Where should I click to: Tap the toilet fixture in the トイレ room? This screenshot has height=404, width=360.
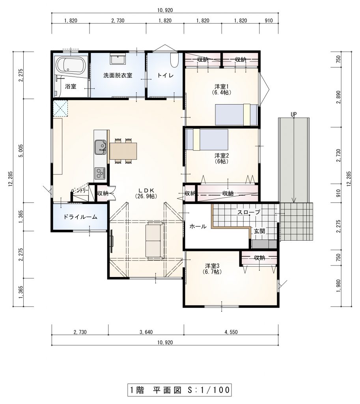[174, 60]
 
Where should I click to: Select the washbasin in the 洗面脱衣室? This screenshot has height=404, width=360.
[118, 59]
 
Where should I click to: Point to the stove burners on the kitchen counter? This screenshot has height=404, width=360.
[100, 173]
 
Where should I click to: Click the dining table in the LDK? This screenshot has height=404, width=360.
[123, 151]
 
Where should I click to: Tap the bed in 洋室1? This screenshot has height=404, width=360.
[237, 115]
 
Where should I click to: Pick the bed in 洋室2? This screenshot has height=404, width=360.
[207, 139]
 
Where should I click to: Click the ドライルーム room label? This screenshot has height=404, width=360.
[80, 217]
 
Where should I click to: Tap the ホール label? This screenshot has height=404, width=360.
[198, 226]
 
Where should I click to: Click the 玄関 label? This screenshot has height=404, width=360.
[259, 231]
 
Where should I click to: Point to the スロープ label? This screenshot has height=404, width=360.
[248, 212]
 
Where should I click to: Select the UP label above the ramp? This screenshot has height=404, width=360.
[294, 114]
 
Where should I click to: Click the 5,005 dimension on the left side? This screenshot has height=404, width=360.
[21, 151]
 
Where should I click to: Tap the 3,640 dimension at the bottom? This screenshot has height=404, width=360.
[146, 332]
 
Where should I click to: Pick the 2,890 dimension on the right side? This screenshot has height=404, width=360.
[339, 97]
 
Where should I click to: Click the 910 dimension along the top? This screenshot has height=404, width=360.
[269, 21]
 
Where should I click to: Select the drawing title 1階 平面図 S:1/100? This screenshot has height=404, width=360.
[179, 390]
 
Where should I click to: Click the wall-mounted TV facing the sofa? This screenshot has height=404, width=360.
[112, 241]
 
